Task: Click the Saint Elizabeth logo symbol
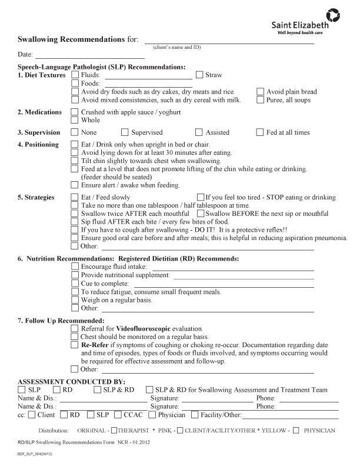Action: coord(333,15)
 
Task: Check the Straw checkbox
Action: coord(199,75)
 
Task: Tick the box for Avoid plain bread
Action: coord(261,92)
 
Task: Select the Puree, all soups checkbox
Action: coord(261,100)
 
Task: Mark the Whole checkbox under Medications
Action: coord(75,120)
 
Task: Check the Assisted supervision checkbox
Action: coord(199,132)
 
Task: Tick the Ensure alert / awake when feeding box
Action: coord(75,185)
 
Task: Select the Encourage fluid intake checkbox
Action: coord(75,267)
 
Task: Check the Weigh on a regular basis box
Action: coord(75,299)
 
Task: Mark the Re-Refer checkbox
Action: coord(75,344)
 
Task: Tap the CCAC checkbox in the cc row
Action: coord(118,415)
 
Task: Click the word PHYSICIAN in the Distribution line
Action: coord(320,431)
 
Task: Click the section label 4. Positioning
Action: coord(38,145)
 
